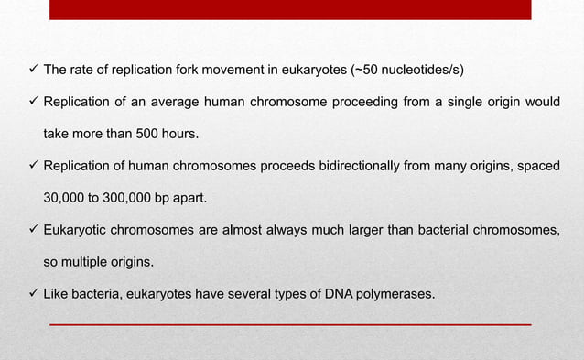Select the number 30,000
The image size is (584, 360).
(x=66, y=197)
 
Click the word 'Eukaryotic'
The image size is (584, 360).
(x=75, y=229)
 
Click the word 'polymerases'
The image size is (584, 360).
(x=376, y=293)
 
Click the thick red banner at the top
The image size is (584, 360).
(x=290, y=9)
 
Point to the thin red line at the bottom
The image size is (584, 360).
(x=290, y=324)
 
